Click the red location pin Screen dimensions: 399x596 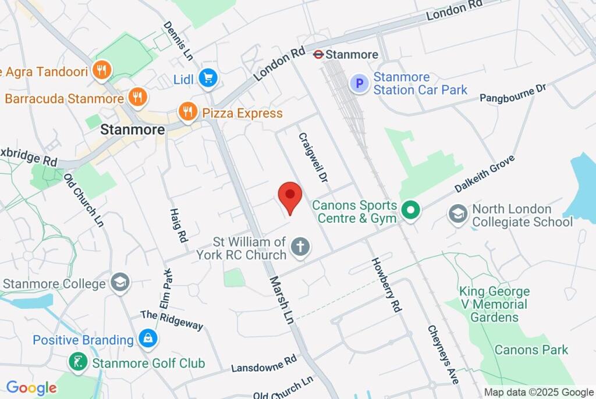tap(290, 196)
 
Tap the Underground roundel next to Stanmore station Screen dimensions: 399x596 tap(318, 54)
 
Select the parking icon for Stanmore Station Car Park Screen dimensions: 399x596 tap(359, 84)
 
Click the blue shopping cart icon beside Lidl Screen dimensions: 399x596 tap(207, 79)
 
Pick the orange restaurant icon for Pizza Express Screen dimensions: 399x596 tap(187, 112)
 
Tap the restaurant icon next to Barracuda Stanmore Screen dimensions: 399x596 tap(137, 97)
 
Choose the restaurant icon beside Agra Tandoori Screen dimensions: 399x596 tap(102, 71)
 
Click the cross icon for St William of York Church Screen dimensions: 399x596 tap(300, 247)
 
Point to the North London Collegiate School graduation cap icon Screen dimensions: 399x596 tap(458, 215)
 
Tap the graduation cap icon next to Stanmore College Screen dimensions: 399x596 tap(121, 283)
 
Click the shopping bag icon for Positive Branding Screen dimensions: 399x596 tap(148, 339)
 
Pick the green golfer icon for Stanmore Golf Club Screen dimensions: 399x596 tap(77, 363)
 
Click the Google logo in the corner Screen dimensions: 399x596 tap(31, 388)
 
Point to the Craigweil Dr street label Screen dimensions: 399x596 tap(313, 158)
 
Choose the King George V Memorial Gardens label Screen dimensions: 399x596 tap(494, 304)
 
